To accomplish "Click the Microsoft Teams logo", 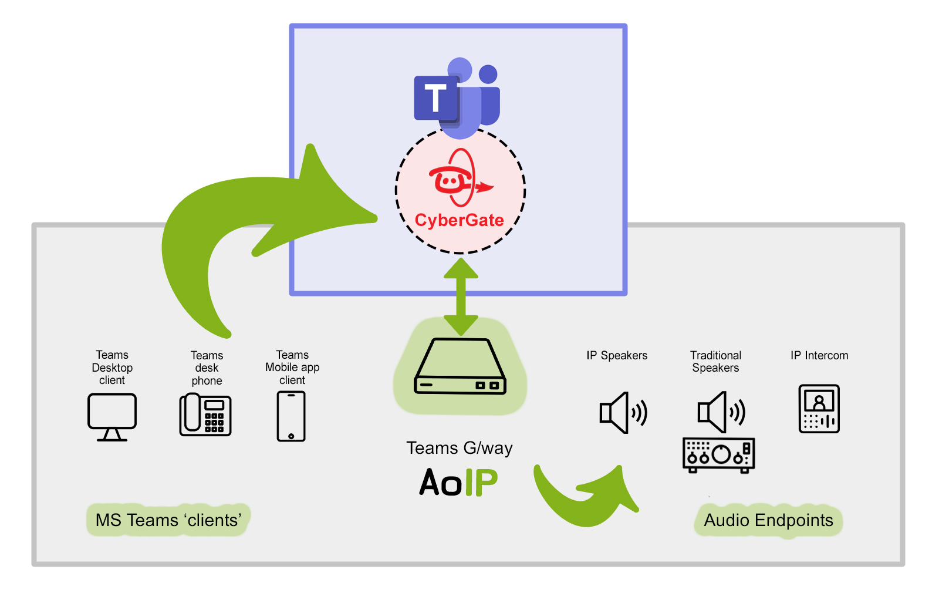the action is [x=457, y=98].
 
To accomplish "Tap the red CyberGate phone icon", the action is [x=460, y=178].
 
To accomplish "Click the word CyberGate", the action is [x=460, y=220].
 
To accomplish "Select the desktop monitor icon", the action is [x=112, y=417].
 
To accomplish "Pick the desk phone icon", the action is [x=205, y=415].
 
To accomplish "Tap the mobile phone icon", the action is [x=291, y=416].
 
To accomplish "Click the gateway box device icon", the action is [x=460, y=366].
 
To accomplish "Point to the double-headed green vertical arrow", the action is [x=461, y=296].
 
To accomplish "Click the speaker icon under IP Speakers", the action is [x=623, y=413].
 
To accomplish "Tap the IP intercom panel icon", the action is [x=819, y=409].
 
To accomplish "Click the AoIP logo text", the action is [x=458, y=482].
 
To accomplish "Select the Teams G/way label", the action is [x=460, y=449].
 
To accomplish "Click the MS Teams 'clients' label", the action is [x=168, y=520].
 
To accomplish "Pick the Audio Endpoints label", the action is [x=768, y=520].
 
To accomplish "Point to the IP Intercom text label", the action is [x=819, y=356].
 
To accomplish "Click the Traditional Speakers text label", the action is [x=715, y=362].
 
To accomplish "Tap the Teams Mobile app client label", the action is [x=292, y=368].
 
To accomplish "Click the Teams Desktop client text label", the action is [x=112, y=368].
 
